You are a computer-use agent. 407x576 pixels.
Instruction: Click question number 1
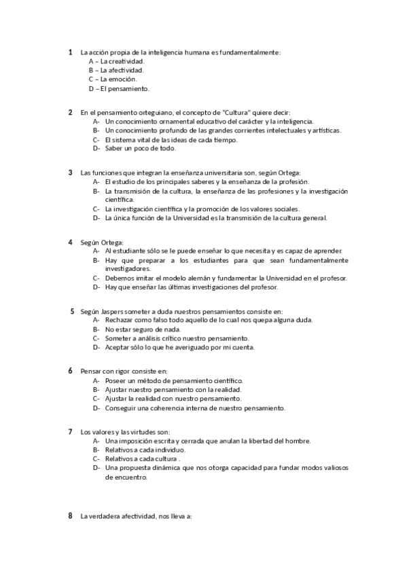pyautogui.click(x=71, y=52)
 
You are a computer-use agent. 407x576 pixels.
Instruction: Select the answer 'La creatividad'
pyautogui.click(x=122, y=61)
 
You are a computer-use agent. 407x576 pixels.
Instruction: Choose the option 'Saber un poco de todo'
pyautogui.click(x=140, y=148)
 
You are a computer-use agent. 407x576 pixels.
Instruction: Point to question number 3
pyautogui.click(x=71, y=173)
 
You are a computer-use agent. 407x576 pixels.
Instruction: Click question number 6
pyautogui.click(x=71, y=372)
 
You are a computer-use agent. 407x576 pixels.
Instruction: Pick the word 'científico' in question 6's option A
pyautogui.click(x=227, y=381)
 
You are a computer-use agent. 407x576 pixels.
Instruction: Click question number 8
pyautogui.click(x=71, y=516)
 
